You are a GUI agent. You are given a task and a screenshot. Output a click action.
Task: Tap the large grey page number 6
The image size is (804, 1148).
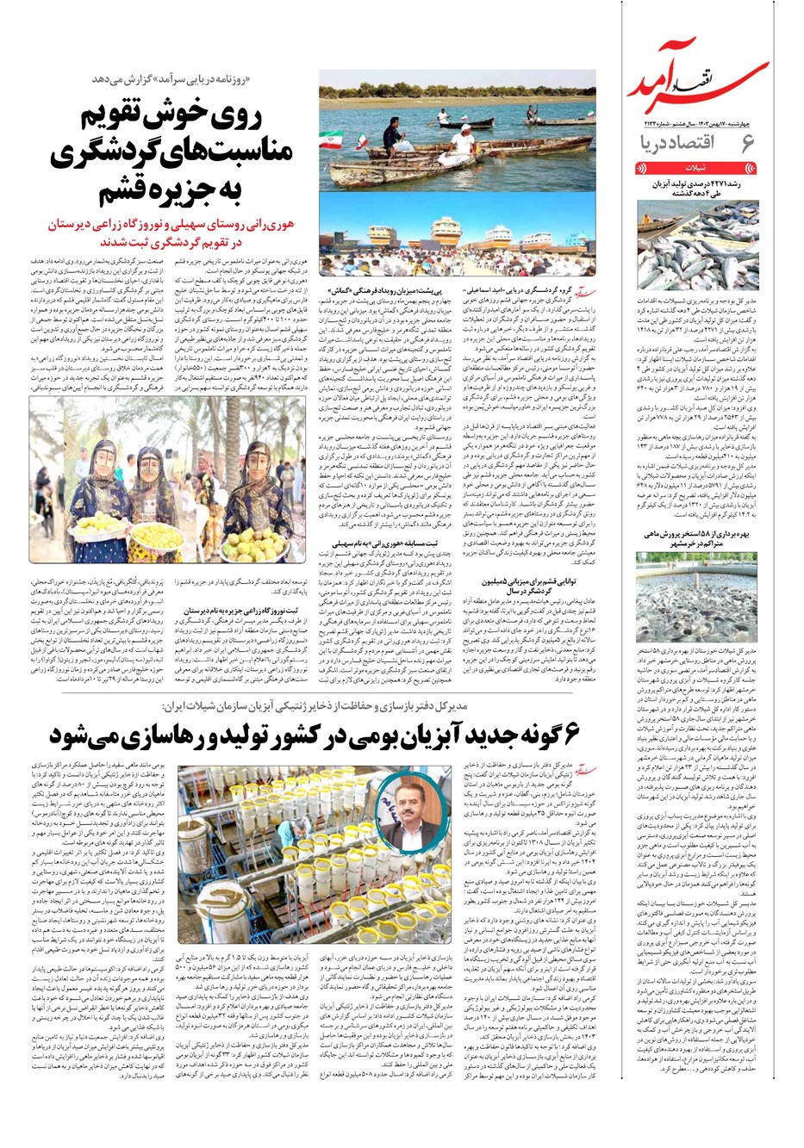747,144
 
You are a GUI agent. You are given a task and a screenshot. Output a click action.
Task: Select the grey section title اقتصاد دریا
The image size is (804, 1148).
681,144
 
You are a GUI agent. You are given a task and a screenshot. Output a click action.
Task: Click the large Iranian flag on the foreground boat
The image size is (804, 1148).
333,141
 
